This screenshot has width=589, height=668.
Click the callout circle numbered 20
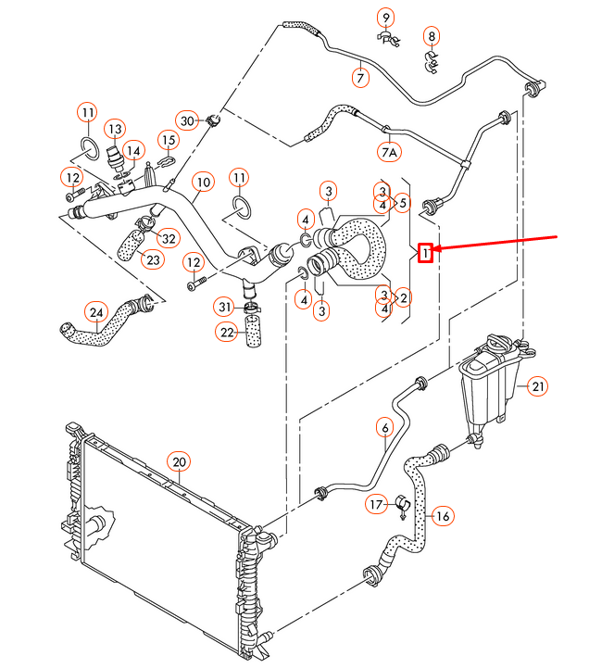[x=179, y=461]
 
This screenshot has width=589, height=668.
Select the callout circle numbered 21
[x=539, y=387]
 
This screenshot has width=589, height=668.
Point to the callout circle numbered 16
[x=442, y=515]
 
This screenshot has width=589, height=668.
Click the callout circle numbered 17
[x=376, y=504]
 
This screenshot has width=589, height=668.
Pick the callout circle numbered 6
[x=384, y=427]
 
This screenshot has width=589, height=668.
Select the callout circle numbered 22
[x=227, y=332]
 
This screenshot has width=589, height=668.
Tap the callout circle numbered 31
[x=226, y=307]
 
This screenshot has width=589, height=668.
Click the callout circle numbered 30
[x=187, y=120]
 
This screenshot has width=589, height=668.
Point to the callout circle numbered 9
[x=385, y=16]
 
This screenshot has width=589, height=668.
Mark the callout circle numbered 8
[x=432, y=37]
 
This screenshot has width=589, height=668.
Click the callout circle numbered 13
[x=114, y=128]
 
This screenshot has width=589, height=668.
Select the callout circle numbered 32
[x=167, y=238]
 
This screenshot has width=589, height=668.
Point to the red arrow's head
[x=436, y=249]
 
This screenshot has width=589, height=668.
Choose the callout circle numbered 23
[x=152, y=260]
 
